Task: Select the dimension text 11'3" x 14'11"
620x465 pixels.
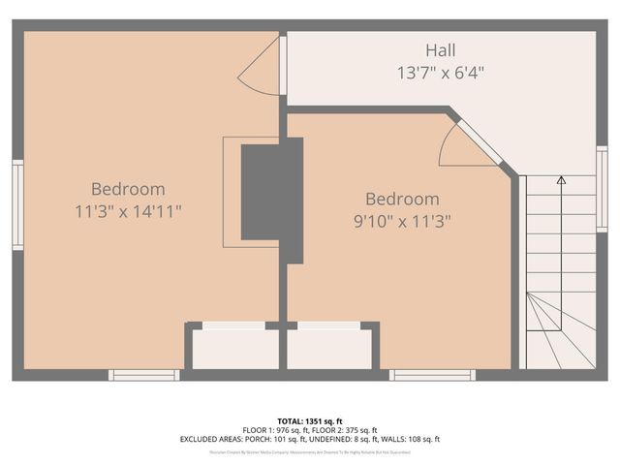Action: [128, 210]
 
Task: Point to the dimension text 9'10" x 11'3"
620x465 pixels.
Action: [401, 220]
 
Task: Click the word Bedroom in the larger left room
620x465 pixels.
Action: [128, 189]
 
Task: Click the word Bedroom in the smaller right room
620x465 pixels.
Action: [401, 199]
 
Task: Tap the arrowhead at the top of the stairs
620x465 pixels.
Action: [561, 179]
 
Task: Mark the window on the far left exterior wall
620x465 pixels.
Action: [17, 204]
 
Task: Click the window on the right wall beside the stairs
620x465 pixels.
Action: [602, 175]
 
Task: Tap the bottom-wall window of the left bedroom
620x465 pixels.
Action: [143, 375]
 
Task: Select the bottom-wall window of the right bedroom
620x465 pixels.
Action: [432, 375]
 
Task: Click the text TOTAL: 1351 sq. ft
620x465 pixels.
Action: [309, 420]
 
